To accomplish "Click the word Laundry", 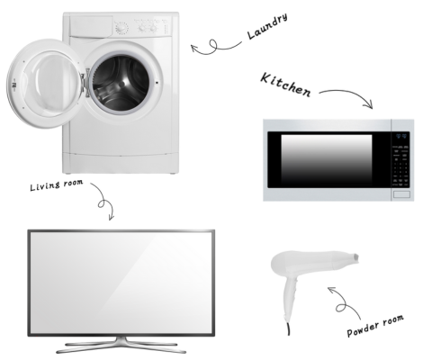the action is pos(267,26).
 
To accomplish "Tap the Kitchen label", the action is pos(285,85).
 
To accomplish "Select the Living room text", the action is pos(57,184).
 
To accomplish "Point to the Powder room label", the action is pos(375,326).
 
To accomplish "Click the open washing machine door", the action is pos(45,84).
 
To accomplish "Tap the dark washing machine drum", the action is pos(121,83).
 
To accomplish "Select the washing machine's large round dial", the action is pos(121,28).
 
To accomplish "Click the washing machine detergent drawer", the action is pos(91,26).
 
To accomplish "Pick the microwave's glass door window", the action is pos(327,159).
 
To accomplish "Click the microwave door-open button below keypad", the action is pos(401,194).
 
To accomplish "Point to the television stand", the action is pos(121,346).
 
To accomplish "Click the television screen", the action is pos(121,283).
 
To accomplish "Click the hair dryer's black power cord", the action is pos(289,329).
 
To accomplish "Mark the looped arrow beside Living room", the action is pos(103,201).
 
